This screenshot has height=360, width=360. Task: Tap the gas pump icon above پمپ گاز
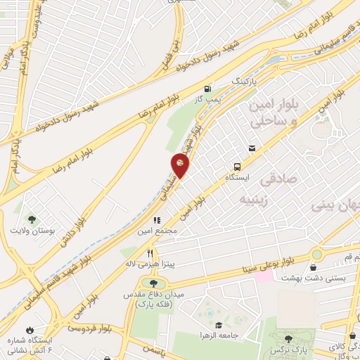tap(207, 89)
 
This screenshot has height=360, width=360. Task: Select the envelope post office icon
tap(252, 148)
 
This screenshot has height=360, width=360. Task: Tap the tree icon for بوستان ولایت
tap(30, 219)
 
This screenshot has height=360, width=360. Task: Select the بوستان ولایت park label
tap(30, 231)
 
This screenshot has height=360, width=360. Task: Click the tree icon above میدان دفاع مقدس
tap(154, 283)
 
